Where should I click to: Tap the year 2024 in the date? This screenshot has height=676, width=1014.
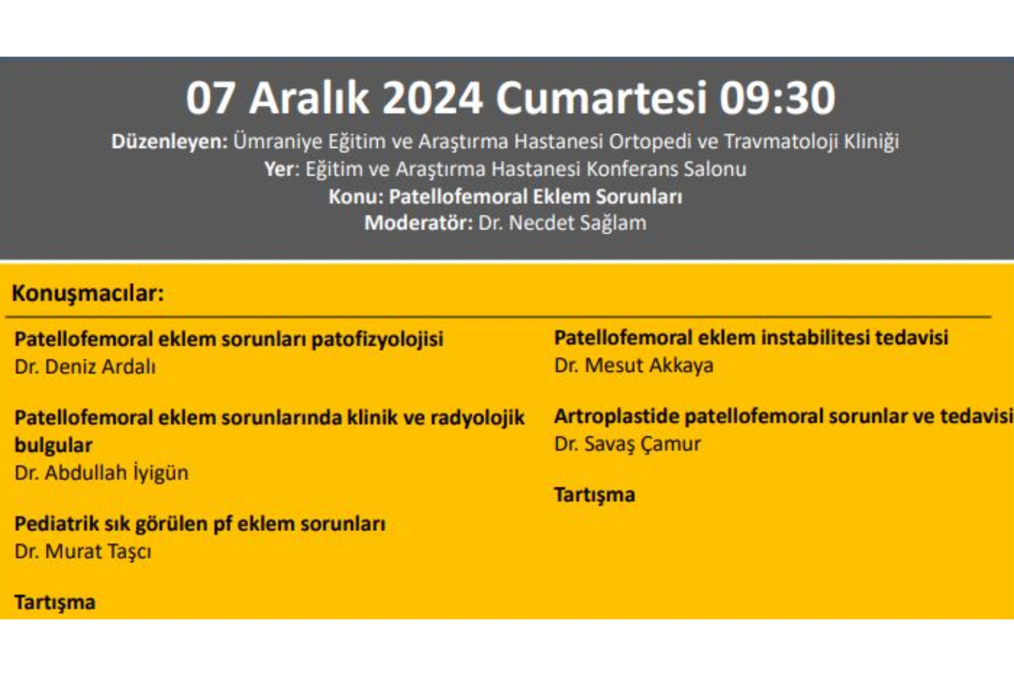tap(431, 98)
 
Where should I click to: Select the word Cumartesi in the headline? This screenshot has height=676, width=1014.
tap(600, 98)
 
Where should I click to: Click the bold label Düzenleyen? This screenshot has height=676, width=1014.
tap(169, 142)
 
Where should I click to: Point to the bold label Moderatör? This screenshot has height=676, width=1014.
tap(418, 223)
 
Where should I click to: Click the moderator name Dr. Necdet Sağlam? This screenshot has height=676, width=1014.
tap(562, 223)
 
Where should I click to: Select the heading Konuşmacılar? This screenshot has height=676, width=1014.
tap(88, 293)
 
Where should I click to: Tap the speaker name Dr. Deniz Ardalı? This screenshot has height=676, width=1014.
tap(85, 367)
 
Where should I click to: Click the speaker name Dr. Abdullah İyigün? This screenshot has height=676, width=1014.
tap(101, 473)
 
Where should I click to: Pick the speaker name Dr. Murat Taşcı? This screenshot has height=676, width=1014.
tap(83, 551)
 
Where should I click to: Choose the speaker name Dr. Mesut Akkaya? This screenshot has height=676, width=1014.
tap(634, 365)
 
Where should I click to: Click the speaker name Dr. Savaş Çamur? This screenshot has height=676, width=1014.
tap(627, 444)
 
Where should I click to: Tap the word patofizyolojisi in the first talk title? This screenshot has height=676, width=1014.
tap(377, 340)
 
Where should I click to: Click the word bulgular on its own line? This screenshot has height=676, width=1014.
tap(53, 445)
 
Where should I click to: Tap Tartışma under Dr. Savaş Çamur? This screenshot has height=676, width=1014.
tap(595, 495)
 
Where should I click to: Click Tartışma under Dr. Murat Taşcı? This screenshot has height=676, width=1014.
tap(55, 602)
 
